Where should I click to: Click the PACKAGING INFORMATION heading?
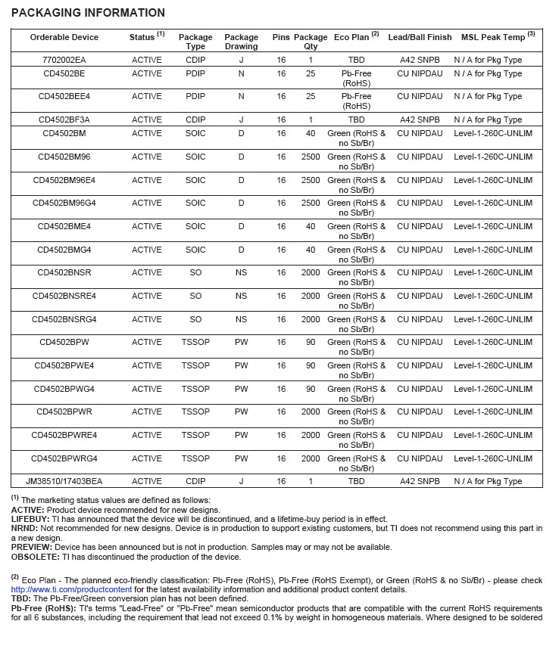[x=88, y=13]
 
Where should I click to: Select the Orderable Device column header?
[x=64, y=37]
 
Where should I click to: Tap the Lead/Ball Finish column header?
[x=420, y=37]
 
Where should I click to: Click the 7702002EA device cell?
[x=64, y=59]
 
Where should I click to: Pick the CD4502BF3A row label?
[x=64, y=120]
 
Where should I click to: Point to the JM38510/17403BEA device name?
[x=64, y=481]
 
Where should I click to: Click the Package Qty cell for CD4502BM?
[x=311, y=133]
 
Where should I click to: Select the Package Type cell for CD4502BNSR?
[x=195, y=272]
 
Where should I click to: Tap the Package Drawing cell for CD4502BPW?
[x=241, y=342]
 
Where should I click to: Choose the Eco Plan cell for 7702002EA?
[x=356, y=59]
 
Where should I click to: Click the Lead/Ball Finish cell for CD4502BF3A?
[x=420, y=120]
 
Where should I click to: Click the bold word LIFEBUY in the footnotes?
[x=29, y=519]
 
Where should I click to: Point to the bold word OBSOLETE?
[x=33, y=557]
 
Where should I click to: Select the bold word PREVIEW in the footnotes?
[x=30, y=547]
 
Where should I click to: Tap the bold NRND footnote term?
[x=23, y=528]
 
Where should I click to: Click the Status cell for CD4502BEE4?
[x=147, y=96]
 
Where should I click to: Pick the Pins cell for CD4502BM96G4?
[x=281, y=203]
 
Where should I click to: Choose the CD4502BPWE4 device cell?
[x=64, y=365]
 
